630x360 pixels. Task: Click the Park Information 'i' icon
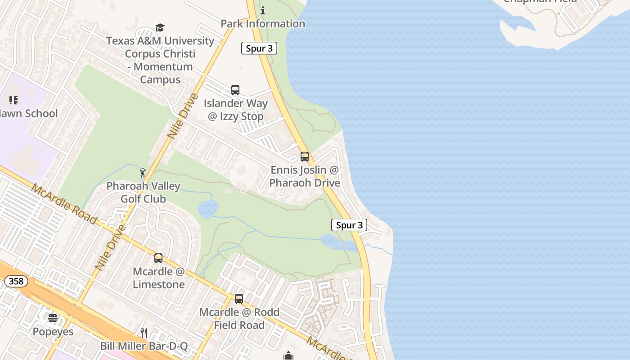263,10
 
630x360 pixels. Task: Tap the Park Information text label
263,23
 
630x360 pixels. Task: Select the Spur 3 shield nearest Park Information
259,49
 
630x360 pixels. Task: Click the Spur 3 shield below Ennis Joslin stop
349,225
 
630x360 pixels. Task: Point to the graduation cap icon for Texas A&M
160,28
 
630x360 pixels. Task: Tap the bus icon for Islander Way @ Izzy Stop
235,90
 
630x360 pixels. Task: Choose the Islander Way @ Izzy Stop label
236,110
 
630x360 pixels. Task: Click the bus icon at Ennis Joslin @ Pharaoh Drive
305,157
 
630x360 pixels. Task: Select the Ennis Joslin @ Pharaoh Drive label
305,177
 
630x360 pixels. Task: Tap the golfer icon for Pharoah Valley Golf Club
143,173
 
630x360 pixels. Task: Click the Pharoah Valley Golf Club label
143,192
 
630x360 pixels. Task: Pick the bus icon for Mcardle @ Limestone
158,258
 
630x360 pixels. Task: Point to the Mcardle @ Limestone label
159,278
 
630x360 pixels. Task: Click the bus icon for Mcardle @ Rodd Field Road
239,299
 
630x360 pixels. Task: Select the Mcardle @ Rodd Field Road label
239,319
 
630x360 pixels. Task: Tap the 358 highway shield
16,282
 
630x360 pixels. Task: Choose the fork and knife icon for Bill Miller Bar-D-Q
144,333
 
